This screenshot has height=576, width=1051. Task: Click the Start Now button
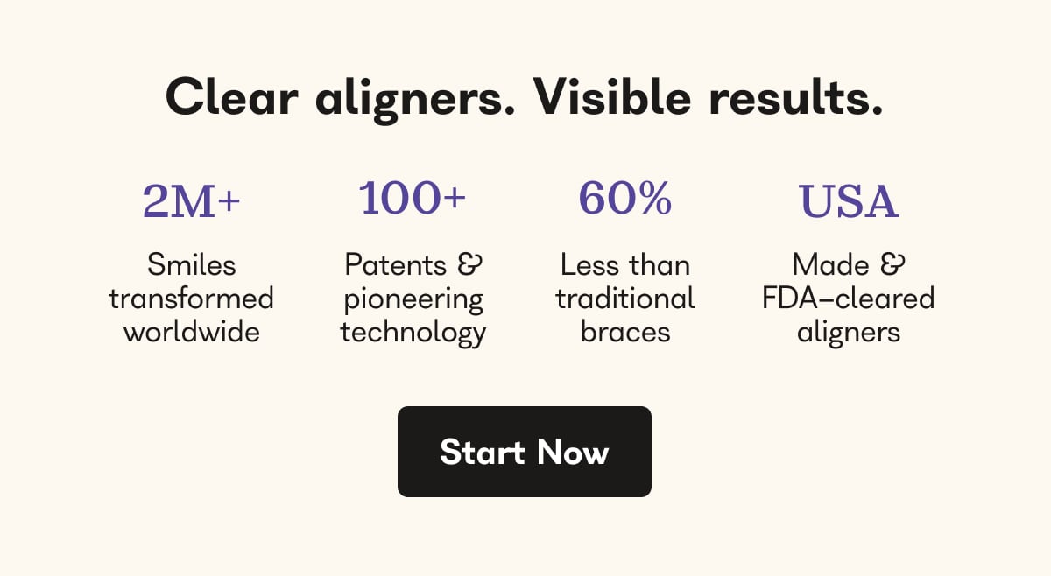coord(524,452)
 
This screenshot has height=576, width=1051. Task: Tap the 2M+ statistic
coord(191,202)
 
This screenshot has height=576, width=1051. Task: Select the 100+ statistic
coord(413,199)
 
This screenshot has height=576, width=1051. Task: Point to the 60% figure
coord(624,199)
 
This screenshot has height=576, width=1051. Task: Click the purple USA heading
coord(849,202)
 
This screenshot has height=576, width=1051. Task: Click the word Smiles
coord(191,264)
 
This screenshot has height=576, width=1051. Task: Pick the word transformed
coord(191,299)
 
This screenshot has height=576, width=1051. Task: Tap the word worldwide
coord(191,332)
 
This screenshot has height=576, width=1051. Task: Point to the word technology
coord(413,333)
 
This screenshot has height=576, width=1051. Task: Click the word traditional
coord(624,299)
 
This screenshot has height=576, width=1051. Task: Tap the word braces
coord(624,332)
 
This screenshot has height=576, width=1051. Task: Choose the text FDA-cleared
coord(848,299)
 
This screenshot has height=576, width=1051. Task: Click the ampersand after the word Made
coord(893,264)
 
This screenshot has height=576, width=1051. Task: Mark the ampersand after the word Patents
coord(470,264)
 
